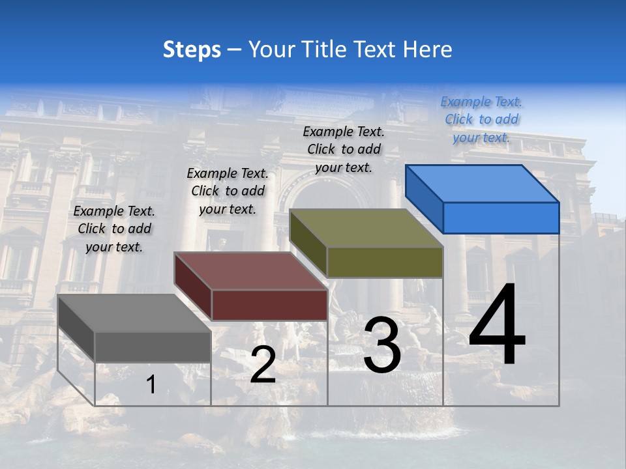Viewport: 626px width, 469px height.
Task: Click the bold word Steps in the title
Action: [x=192, y=50]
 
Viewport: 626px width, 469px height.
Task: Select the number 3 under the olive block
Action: [x=382, y=345]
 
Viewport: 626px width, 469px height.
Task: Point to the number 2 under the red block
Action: [x=263, y=365]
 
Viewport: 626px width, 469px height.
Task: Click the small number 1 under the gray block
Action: [x=151, y=385]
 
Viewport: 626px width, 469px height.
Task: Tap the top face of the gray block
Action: [x=134, y=313]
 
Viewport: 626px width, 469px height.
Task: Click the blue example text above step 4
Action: [x=481, y=119]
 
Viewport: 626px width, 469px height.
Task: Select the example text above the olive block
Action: [x=344, y=149]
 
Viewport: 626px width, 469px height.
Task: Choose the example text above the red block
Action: [x=228, y=191]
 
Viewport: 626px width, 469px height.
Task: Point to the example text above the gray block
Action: [x=114, y=229]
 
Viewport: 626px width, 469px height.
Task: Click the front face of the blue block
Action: [x=501, y=218]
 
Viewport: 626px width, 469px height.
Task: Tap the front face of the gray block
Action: [x=153, y=347]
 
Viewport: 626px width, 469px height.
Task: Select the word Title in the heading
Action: [x=320, y=50]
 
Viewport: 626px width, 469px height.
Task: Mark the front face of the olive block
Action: [x=385, y=262]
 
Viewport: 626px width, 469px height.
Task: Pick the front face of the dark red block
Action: [x=269, y=305]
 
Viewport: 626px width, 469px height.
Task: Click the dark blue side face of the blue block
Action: [x=424, y=198]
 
